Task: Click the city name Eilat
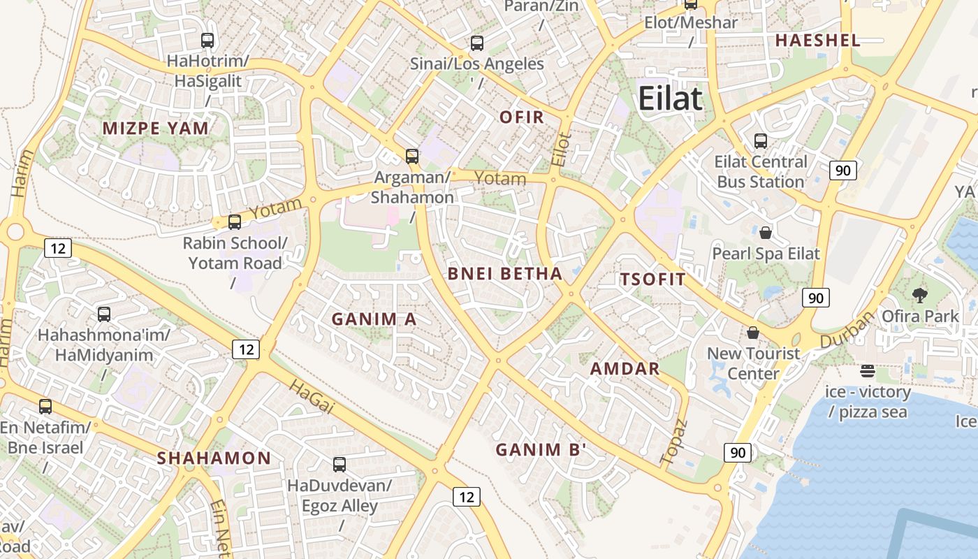pyautogui.click(x=670, y=99)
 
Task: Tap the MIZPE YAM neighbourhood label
pyautogui.click(x=156, y=129)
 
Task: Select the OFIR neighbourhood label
pyautogui.click(x=522, y=117)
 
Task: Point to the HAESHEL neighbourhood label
pyautogui.click(x=817, y=41)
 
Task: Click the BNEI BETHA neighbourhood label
pyautogui.click(x=505, y=274)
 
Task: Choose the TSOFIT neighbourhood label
pyautogui.click(x=653, y=279)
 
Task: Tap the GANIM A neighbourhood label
pyautogui.click(x=374, y=319)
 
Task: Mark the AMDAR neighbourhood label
pyautogui.click(x=625, y=369)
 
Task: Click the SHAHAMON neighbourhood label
pyautogui.click(x=214, y=458)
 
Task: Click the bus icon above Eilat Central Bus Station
pyautogui.click(x=761, y=141)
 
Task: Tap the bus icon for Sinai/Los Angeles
pyautogui.click(x=477, y=43)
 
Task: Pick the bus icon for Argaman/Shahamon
pyautogui.click(x=412, y=157)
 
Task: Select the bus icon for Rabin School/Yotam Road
pyautogui.click(x=235, y=222)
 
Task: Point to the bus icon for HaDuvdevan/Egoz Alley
pyautogui.click(x=340, y=464)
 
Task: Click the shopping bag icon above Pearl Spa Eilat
pyautogui.click(x=766, y=233)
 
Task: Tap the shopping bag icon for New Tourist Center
pyautogui.click(x=753, y=333)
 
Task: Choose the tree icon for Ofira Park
pyautogui.click(x=920, y=296)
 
